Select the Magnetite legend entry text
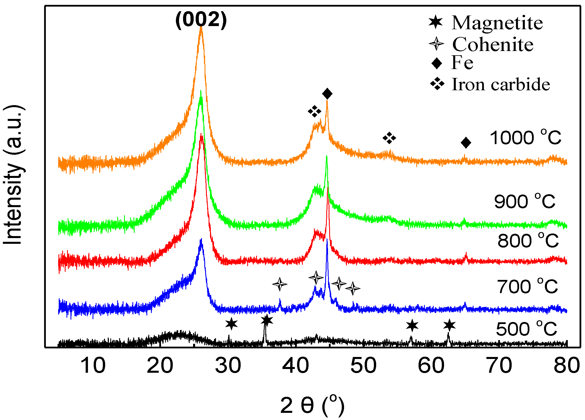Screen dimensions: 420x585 coord(497,23)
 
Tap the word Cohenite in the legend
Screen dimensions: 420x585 coord(493,44)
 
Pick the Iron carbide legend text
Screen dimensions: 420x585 coord(501,84)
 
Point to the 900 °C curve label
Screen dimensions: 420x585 coord(525,201)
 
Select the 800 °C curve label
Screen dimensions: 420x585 coord(528,241)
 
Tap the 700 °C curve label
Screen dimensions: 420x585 coord(527,286)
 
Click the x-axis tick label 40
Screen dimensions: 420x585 coord(296,366)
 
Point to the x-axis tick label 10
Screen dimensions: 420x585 coord(93,366)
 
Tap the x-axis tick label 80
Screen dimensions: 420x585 coord(567,366)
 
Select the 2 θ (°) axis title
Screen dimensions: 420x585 coord(312,406)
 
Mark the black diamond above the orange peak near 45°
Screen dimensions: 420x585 coord(327,94)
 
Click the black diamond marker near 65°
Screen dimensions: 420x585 coord(466,143)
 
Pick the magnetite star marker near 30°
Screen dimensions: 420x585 coord(231,324)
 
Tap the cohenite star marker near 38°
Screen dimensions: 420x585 coord(280,284)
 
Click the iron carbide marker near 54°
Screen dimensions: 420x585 coord(389,138)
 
